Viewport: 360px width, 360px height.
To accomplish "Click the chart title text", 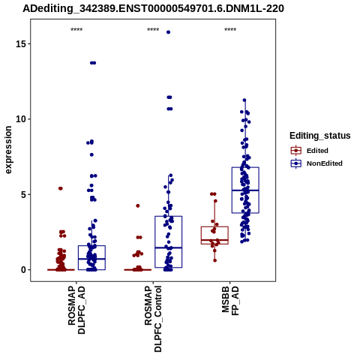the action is (x=153, y=8).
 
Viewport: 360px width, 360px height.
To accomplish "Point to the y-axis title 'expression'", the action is (x=8, y=150).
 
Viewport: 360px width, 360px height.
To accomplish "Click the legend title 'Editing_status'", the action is (x=320, y=136).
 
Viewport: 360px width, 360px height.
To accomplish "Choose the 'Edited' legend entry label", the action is (x=317, y=151).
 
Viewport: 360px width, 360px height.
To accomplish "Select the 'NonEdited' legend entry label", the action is (x=325, y=163).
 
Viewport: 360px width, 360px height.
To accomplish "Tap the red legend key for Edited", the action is (x=296, y=151).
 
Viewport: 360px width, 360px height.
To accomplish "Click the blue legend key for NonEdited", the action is (x=296, y=163).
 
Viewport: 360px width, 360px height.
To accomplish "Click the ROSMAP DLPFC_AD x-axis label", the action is (x=76, y=310).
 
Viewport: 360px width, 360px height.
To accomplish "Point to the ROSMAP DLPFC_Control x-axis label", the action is (x=153, y=319).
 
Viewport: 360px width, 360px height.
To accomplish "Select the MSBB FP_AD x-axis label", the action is (x=230, y=301).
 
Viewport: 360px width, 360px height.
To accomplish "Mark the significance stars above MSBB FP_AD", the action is (x=230, y=30).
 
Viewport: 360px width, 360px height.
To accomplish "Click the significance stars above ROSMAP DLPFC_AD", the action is (x=76, y=30).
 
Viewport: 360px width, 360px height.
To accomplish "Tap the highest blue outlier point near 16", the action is (x=168, y=32).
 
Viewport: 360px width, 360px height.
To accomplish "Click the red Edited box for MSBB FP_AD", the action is (x=214, y=235).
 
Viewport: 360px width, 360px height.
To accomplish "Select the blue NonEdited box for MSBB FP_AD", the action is (x=245, y=190).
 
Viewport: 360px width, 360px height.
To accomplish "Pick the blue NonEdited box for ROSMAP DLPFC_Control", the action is (x=169, y=241).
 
